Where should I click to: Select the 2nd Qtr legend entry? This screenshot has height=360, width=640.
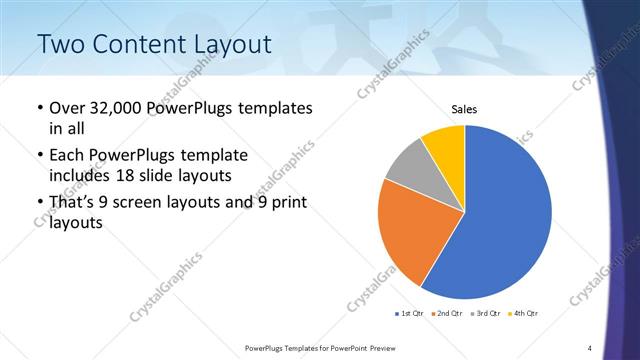pos(445,314)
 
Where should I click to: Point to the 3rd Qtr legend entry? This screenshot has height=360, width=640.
pos(484,314)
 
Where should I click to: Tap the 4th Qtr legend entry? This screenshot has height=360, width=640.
pos(523,314)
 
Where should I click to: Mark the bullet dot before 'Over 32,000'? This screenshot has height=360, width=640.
pos(38,108)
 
